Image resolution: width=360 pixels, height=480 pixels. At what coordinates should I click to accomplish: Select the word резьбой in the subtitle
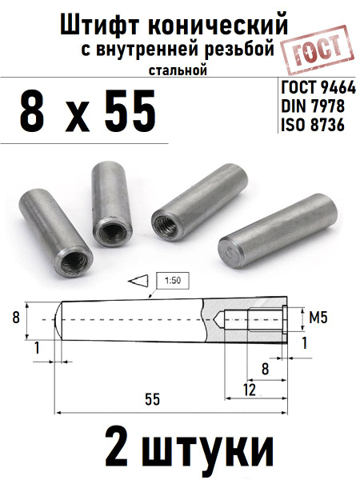239,50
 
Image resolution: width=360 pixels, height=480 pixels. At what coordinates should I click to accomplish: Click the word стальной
178,70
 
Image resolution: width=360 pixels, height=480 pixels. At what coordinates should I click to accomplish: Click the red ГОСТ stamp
318,50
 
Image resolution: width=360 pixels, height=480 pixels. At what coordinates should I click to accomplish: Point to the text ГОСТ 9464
318,88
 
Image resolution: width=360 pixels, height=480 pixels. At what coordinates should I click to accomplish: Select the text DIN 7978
313,106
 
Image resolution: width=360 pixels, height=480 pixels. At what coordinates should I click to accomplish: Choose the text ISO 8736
313,125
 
